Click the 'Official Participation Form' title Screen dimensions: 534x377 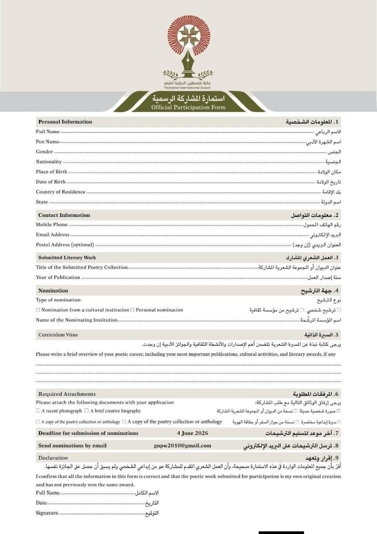pyautogui.click(x=188, y=107)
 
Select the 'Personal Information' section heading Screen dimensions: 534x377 pyautogui.click(x=65, y=122)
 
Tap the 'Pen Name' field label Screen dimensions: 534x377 pyautogui.click(x=47, y=141)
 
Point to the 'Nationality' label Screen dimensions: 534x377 pyautogui.click(x=49, y=162)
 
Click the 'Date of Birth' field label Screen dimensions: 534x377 pyautogui.click(x=51, y=182)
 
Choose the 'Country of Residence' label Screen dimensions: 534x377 pyautogui.click(x=60, y=192)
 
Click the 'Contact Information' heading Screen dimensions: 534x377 pyautogui.click(x=64, y=215)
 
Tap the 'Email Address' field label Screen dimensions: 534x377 pyautogui.click(x=53, y=235)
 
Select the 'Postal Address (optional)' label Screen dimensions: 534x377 pyautogui.click(x=65, y=245)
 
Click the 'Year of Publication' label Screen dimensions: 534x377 pyautogui.click(x=58, y=277)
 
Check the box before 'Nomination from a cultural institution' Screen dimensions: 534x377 pyautogui.click(x=38, y=310)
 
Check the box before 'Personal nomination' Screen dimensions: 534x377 pyautogui.click(x=133, y=310)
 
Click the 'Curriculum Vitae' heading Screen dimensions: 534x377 pyautogui.click(x=58, y=334)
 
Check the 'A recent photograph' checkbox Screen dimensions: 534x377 pyautogui.click(x=38, y=411)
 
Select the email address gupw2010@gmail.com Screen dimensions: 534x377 pyautogui.click(x=182, y=445)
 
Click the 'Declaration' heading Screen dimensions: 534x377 pyautogui.click(x=53, y=457)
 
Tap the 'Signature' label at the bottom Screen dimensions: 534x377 pyautogui.click(x=46, y=513)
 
